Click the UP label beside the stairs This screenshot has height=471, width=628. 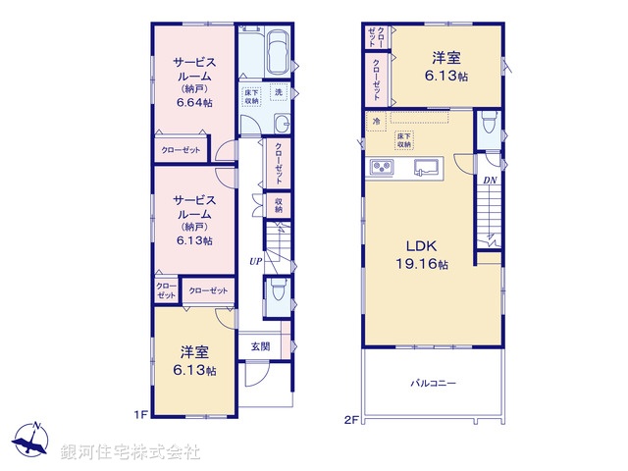coord(254,261)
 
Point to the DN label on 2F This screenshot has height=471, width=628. coord(489,181)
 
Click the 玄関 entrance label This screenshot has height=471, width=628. coord(260,345)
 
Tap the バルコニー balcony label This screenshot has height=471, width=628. coord(433,384)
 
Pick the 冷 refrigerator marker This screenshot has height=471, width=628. coord(376,122)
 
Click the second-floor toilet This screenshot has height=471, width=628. coord(489,124)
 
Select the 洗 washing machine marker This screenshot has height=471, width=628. coord(278,93)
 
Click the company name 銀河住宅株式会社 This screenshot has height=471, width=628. coord(131,452)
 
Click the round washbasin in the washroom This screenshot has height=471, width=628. coord(281,123)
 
